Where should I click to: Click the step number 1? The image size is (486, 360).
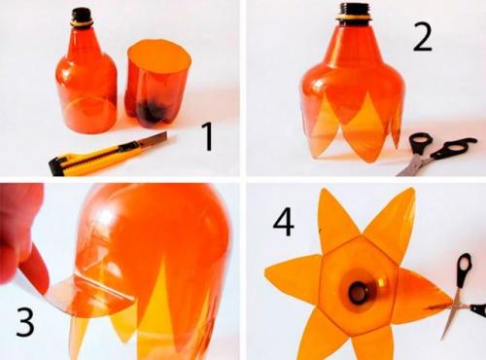[x=207, y=136]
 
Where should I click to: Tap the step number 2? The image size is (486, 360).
[x=422, y=37]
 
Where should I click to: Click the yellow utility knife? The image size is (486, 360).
[x=107, y=155]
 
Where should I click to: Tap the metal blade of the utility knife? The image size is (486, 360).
[x=154, y=139]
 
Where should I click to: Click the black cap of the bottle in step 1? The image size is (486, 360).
[x=82, y=16]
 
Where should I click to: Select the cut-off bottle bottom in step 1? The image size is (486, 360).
[x=157, y=83]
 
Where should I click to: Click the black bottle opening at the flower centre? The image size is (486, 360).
[x=359, y=293]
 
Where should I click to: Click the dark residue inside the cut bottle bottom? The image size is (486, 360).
[x=150, y=113]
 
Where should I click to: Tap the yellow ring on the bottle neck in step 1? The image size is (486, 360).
[x=82, y=24]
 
